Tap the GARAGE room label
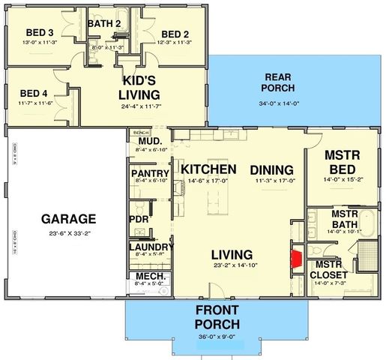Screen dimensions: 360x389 pos(68,219)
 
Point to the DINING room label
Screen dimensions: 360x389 pos(271,169)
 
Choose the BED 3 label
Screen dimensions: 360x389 pos(39,33)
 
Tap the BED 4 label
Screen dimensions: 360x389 pos(34,94)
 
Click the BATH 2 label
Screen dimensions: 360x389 pos(104,23)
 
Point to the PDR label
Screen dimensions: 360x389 pos(139,219)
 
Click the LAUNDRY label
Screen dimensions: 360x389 pos(151,247)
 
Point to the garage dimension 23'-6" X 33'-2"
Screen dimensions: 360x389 pos(68,234)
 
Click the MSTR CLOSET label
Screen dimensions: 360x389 pos(328,269)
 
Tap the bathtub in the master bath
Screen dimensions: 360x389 pos(369,229)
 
